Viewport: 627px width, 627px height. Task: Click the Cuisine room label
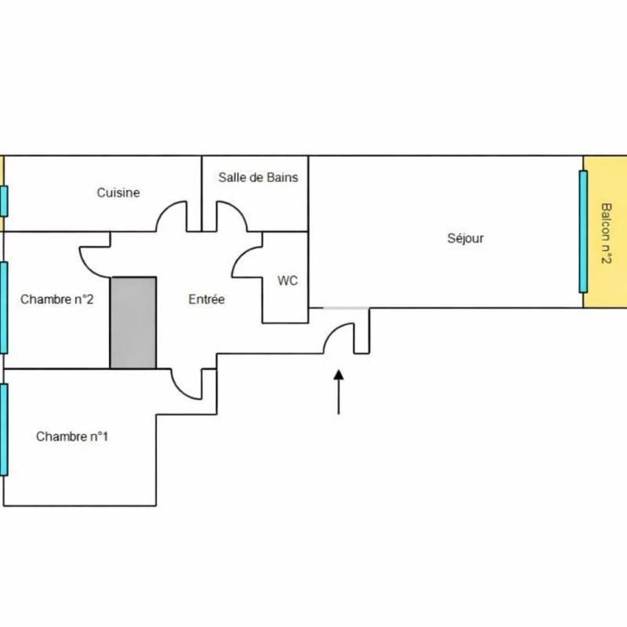(x=118, y=192)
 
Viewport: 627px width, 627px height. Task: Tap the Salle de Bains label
(x=258, y=178)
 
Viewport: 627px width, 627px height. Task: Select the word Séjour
(x=465, y=238)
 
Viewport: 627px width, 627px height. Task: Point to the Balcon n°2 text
(x=606, y=234)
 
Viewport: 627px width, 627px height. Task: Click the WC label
(x=288, y=281)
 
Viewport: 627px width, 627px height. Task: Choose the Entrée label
(x=207, y=299)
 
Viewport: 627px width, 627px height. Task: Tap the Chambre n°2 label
(x=57, y=299)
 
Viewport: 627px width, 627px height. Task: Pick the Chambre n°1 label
(x=72, y=437)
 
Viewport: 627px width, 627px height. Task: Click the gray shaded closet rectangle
(x=132, y=322)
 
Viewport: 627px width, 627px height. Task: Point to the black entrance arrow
(x=339, y=392)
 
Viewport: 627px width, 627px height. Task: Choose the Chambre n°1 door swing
(x=187, y=383)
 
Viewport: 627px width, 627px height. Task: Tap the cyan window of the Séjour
(x=583, y=231)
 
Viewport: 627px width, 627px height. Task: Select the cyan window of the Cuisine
(x=4, y=201)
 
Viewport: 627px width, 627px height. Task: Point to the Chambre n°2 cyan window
(x=4, y=307)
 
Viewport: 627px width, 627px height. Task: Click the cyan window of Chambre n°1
(x=4, y=429)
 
